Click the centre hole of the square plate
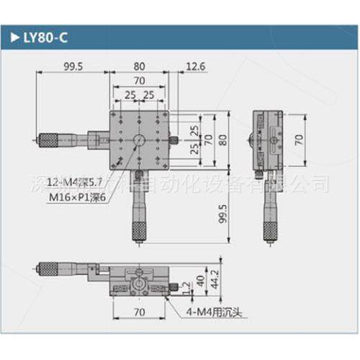coord(139,138)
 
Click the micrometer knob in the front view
coord(51,271)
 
